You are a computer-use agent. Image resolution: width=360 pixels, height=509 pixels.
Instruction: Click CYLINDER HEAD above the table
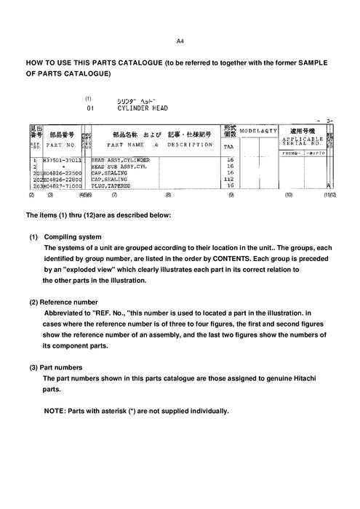point(143,108)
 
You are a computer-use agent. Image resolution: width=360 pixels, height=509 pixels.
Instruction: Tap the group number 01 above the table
point(90,108)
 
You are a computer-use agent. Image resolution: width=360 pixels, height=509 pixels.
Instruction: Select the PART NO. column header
point(60,145)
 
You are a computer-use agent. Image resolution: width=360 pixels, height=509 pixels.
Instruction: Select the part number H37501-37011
point(62,159)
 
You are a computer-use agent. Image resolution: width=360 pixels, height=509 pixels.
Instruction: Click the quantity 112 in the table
point(230,179)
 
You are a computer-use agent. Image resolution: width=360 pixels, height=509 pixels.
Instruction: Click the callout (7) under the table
point(114,195)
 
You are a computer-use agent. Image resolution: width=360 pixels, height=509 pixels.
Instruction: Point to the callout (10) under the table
point(289,195)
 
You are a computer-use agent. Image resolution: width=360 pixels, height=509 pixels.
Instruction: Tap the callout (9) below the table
point(231,195)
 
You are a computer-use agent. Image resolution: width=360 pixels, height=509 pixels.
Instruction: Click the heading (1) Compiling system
point(65,237)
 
